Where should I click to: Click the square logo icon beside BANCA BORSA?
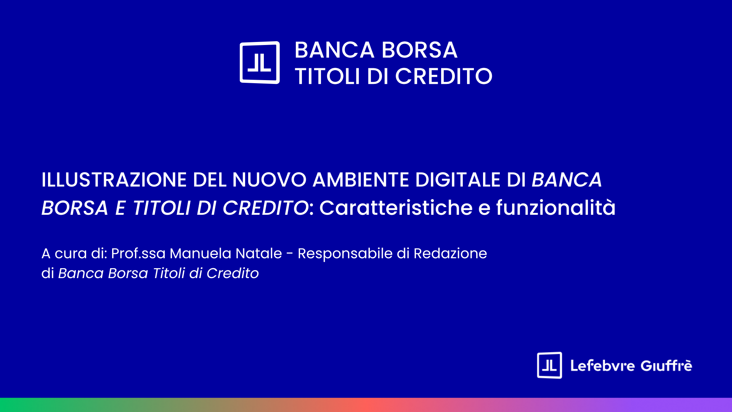point(260,63)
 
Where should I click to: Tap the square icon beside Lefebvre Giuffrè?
point(549,365)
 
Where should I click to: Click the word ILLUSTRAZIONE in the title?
point(114,180)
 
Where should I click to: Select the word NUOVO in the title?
point(269,180)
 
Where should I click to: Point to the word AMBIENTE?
point(361,180)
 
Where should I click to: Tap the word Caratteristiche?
point(396,208)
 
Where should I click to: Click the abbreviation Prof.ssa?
point(138,253)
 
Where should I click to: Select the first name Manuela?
point(201,253)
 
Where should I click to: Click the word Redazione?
point(450,253)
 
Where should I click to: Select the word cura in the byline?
point(71,254)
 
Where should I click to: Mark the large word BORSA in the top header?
point(419,50)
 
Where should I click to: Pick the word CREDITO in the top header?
point(444,76)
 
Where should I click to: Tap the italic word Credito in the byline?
point(233,273)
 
